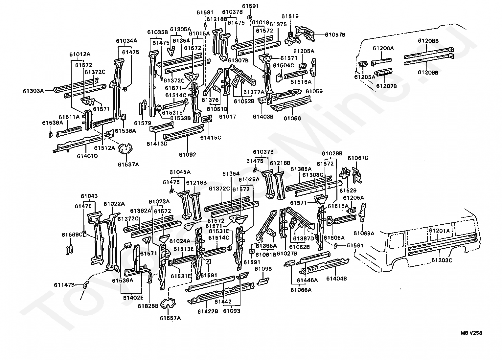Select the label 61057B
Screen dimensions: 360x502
[335, 34]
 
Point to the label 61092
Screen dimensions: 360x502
[188, 155]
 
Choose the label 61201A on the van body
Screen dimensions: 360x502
[439, 231]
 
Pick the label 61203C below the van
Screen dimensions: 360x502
[442, 260]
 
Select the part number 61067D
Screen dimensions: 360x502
[358, 158]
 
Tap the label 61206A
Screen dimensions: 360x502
[383, 48]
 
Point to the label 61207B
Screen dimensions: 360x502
[387, 86]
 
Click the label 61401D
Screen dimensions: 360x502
[87, 156]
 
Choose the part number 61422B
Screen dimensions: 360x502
[208, 311]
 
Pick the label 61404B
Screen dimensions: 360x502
[336, 279]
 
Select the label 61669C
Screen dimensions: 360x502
[72, 235]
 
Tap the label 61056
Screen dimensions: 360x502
[292, 118]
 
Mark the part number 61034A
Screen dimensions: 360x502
[126, 41]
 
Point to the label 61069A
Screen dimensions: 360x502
[364, 233]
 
